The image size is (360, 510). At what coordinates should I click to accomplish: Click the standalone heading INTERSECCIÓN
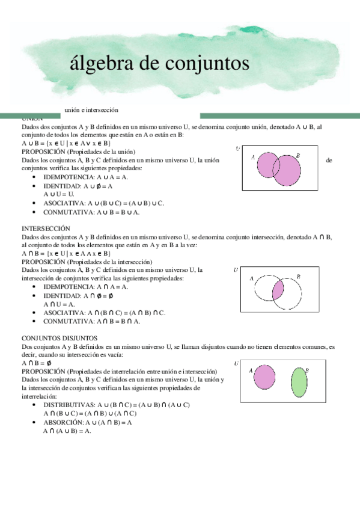(46, 229)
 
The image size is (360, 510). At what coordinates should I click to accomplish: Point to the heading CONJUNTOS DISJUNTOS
(59, 338)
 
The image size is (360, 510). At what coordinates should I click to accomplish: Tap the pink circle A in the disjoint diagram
(264, 377)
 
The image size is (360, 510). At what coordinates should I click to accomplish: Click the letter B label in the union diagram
(298, 156)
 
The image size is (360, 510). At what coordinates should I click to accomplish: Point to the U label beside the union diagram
(238, 149)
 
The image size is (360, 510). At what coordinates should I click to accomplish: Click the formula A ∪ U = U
(59, 194)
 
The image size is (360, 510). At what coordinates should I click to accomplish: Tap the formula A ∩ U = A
(59, 304)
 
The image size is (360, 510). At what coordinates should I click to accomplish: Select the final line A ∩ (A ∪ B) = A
(67, 431)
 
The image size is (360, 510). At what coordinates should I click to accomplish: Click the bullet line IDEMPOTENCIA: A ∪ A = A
(86, 177)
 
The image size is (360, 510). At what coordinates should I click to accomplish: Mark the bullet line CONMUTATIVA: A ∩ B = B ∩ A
(92, 321)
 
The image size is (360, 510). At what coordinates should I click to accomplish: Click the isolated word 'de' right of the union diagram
(328, 161)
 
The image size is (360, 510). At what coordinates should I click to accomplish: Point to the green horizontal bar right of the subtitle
(279, 115)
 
